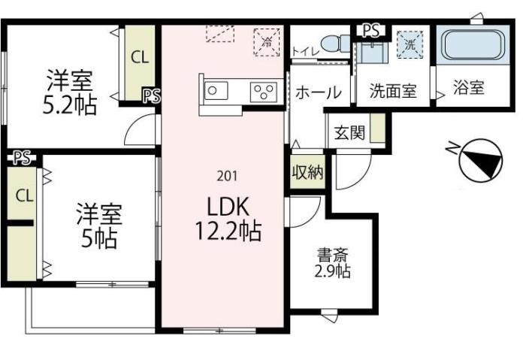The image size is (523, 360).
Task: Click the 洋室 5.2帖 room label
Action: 72,91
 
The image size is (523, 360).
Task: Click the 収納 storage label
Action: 307,172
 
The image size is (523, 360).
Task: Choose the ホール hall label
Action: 318,92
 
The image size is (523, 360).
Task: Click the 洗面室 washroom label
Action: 392,91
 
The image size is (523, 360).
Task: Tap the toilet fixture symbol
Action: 333,43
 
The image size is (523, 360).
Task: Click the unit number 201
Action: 227,177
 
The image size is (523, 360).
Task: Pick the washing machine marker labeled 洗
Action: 410,42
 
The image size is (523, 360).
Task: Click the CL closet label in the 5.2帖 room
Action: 140,57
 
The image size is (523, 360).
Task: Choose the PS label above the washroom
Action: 370,30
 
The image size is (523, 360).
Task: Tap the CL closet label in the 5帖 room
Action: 24,196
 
